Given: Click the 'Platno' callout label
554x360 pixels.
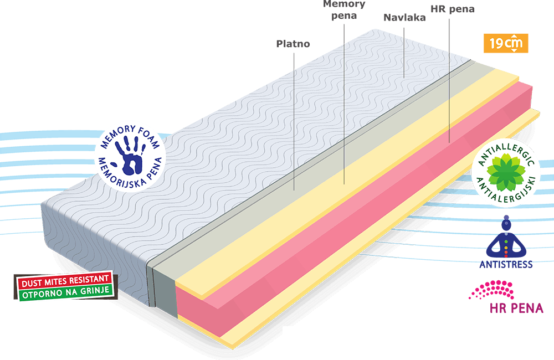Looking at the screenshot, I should [293, 44].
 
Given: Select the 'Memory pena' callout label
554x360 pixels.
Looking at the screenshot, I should [344, 9].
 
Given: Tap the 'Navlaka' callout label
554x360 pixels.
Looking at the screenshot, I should [404, 18].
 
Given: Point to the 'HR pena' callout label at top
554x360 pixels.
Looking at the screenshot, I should [452, 9].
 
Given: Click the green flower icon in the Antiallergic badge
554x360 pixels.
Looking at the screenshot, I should [506, 170].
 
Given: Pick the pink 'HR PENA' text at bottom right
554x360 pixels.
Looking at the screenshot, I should [516, 308].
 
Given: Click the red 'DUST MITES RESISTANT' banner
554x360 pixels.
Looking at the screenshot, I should [65, 280].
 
